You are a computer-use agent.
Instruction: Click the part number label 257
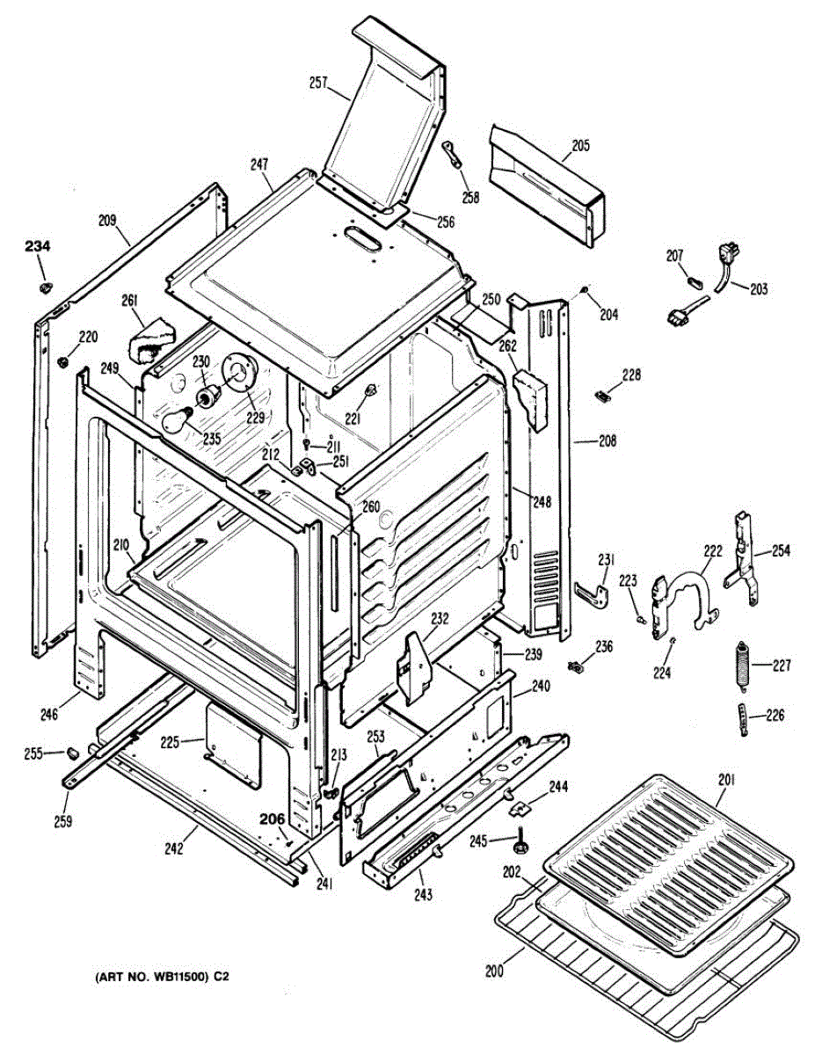pyautogui.click(x=318, y=84)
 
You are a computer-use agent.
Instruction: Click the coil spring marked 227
pyautogui.click(x=742, y=667)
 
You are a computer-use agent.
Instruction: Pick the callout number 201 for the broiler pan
pyautogui.click(x=727, y=779)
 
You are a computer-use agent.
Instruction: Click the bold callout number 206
pyautogui.click(x=272, y=818)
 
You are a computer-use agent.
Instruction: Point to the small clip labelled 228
pyautogui.click(x=603, y=396)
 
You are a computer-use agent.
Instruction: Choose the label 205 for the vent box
pyautogui.click(x=579, y=146)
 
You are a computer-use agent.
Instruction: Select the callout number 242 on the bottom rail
pyautogui.click(x=173, y=848)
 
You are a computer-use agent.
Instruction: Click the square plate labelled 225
pyautogui.click(x=234, y=737)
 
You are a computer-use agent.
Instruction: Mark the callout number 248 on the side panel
pyautogui.click(x=542, y=502)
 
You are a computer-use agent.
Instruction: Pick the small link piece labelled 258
pyautogui.click(x=454, y=156)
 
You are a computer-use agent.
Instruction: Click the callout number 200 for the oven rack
pyautogui.click(x=494, y=971)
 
